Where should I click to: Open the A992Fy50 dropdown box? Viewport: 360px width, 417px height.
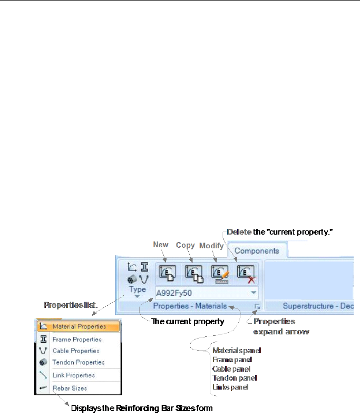(x=207, y=292)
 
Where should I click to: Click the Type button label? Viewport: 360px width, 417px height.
(x=137, y=289)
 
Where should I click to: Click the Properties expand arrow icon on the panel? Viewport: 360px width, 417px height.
(x=257, y=306)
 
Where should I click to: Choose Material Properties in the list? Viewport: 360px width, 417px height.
(x=79, y=327)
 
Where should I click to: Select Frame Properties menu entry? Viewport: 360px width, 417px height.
(x=76, y=340)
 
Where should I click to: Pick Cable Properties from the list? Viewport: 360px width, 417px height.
(x=76, y=351)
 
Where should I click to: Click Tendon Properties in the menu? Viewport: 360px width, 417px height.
(x=79, y=362)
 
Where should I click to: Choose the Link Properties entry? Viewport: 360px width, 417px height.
(x=74, y=375)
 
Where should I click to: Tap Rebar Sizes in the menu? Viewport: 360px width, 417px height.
(x=70, y=388)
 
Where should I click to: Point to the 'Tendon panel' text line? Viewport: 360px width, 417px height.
(x=230, y=378)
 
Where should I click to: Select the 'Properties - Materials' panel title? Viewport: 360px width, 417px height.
(x=190, y=306)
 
